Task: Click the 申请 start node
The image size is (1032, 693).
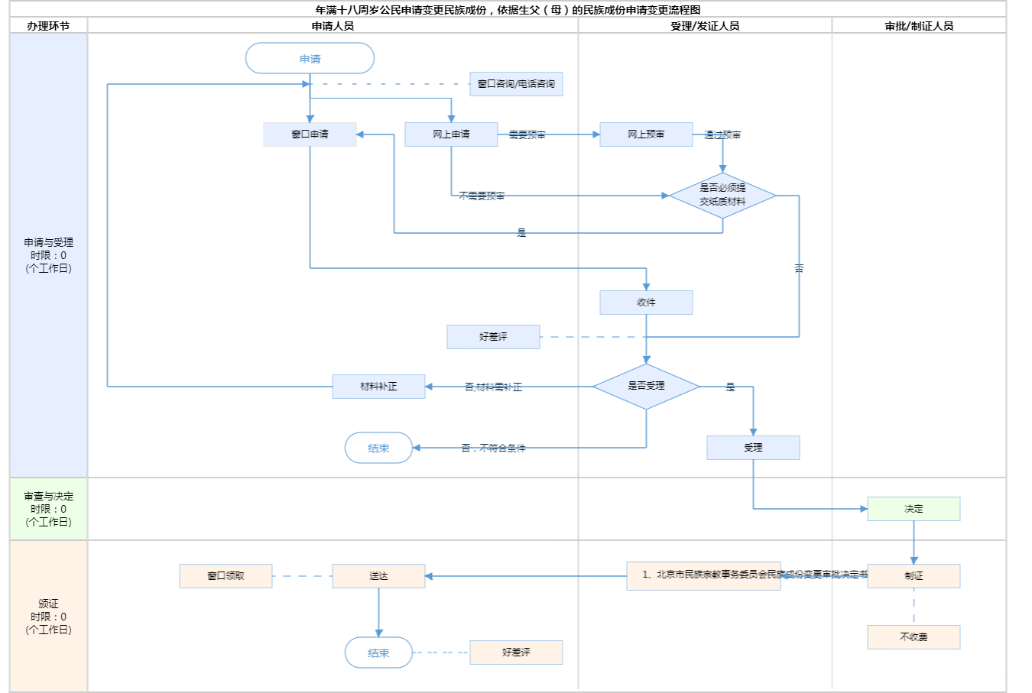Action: coord(310,59)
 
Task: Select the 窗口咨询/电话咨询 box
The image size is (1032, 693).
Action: coord(516,84)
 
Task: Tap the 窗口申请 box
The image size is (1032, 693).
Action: coord(310,134)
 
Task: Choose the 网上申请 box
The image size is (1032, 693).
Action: coord(451,134)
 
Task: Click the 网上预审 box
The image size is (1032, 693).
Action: coord(646,134)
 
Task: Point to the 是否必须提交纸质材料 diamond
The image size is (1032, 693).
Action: coord(722,196)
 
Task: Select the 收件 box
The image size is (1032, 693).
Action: coord(646,303)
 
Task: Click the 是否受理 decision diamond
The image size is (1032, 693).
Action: coord(646,387)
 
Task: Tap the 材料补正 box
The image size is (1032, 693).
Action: coord(378,387)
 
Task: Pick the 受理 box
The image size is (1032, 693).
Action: coord(753,448)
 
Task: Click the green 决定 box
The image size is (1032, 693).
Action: coord(914,509)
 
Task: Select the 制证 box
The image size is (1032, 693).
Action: coord(914,576)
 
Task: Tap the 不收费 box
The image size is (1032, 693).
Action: coord(914,637)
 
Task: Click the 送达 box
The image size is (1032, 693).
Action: coord(378,576)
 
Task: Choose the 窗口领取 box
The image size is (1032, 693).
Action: coord(226,576)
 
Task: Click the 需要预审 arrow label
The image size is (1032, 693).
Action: coord(527,135)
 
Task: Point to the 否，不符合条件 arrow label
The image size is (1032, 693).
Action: coord(493,449)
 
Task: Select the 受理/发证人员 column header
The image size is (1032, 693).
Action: coord(705,26)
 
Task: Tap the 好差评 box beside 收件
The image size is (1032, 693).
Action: coord(493,337)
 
